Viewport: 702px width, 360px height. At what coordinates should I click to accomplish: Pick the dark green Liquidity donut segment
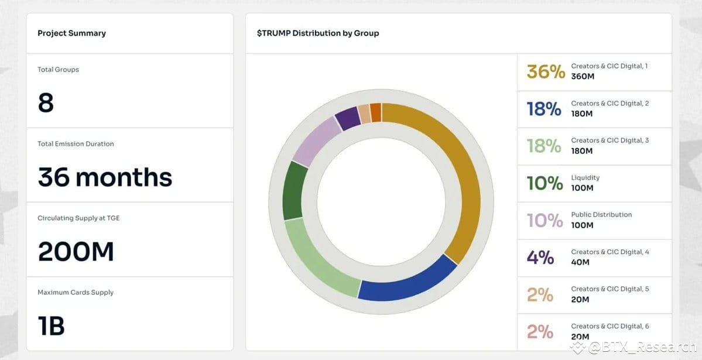pyautogui.click(x=295, y=191)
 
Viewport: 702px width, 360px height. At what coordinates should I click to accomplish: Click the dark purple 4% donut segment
pyautogui.click(x=348, y=118)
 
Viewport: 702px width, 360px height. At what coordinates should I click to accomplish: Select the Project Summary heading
pyautogui.click(x=71, y=33)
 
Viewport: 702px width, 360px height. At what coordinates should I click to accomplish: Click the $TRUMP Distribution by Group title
pyautogui.click(x=318, y=33)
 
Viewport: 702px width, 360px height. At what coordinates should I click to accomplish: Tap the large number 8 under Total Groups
pyautogui.click(x=46, y=103)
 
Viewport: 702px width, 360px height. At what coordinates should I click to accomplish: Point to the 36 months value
pyautogui.click(x=105, y=177)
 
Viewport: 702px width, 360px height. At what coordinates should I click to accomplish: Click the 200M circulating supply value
pyautogui.click(x=76, y=252)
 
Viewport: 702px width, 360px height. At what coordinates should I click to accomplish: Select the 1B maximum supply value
pyautogui.click(x=51, y=326)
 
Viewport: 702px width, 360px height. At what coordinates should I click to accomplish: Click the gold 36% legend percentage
pyautogui.click(x=545, y=71)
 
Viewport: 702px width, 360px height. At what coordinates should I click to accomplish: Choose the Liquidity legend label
pyautogui.click(x=585, y=177)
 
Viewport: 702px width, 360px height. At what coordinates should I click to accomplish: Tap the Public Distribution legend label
pyautogui.click(x=601, y=215)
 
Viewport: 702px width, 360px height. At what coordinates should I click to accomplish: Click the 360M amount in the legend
pyautogui.click(x=582, y=77)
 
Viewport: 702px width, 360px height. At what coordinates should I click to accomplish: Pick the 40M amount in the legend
pyautogui.click(x=580, y=262)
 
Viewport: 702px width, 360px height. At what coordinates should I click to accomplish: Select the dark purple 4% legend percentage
pyautogui.click(x=540, y=257)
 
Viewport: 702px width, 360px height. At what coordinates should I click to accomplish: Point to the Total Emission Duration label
pyautogui.click(x=76, y=144)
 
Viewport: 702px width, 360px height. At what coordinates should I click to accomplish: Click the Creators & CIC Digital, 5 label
pyautogui.click(x=609, y=289)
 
